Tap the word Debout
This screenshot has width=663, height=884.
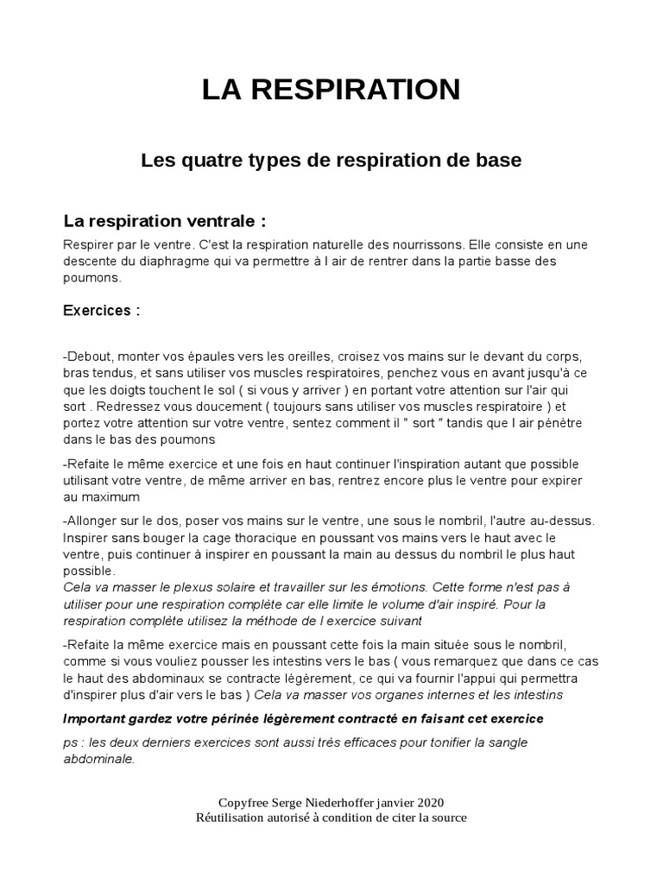tap(87, 356)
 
